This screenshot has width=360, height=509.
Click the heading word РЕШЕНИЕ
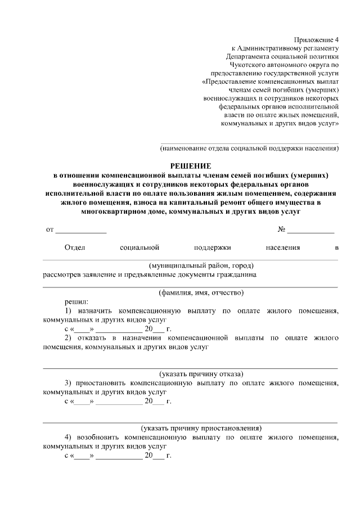[x=191, y=166]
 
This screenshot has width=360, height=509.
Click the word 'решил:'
[x=76, y=301]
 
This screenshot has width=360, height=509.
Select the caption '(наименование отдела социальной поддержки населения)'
[x=249, y=148]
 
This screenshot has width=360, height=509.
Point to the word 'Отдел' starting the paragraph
[x=75, y=247]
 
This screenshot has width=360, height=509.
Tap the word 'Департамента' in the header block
[x=250, y=56]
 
